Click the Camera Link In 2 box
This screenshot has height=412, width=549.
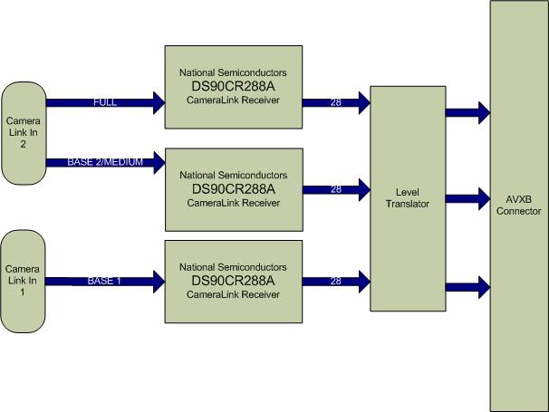click(x=24, y=132)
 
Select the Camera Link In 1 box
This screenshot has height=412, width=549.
click(x=24, y=282)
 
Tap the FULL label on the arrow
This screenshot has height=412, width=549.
click(x=105, y=102)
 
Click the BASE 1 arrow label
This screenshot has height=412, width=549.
click(x=104, y=281)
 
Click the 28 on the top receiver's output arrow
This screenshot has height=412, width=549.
click(x=335, y=102)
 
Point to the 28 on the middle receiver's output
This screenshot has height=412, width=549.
click(x=335, y=190)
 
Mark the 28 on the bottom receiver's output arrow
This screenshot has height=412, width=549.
click(x=335, y=282)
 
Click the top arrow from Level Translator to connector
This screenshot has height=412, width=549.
click(x=467, y=113)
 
